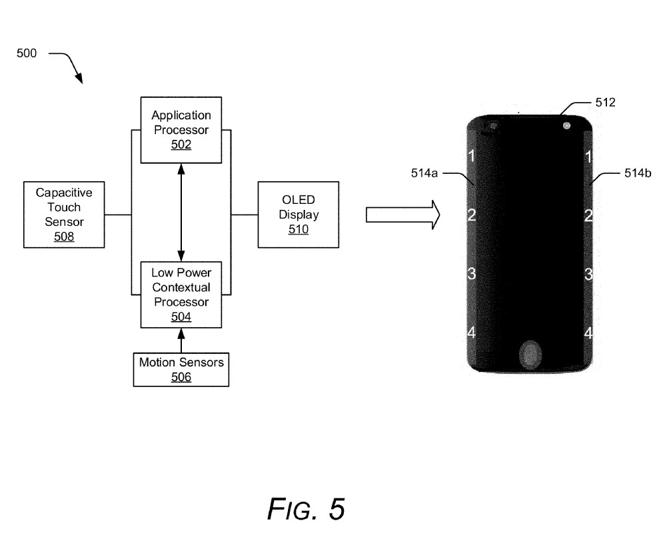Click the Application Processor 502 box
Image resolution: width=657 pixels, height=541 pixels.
pos(181,130)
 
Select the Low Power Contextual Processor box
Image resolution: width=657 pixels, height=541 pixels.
pos(181,295)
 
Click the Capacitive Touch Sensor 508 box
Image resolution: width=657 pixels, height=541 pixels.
pos(63,214)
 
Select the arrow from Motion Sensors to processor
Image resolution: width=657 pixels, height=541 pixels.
pos(181,340)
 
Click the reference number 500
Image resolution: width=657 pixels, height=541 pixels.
pos(27,53)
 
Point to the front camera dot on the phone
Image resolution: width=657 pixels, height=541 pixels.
pos(566,125)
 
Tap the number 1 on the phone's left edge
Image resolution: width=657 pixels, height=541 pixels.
pos(471,157)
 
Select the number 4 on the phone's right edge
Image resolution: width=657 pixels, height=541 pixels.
pos(588,332)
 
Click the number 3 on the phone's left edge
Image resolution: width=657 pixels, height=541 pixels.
pos(471,273)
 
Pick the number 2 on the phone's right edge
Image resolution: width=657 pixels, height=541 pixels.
pos(588,215)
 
